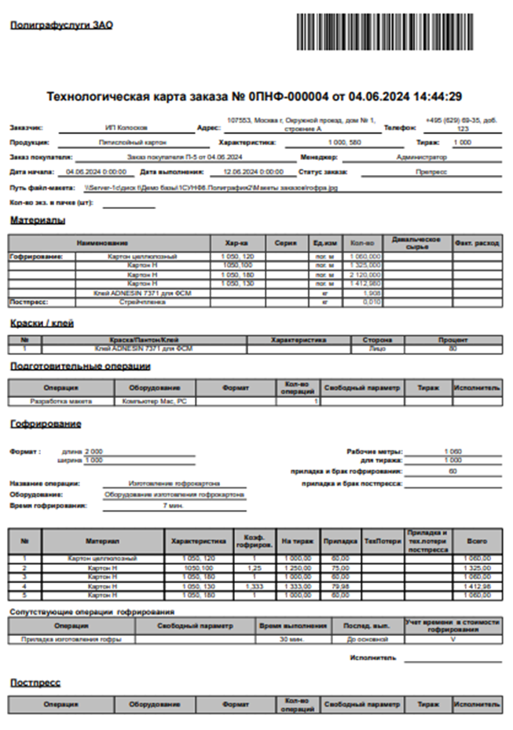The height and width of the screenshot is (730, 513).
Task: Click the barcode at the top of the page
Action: pos(385,31)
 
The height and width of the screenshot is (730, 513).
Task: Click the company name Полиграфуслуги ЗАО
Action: pos(61,25)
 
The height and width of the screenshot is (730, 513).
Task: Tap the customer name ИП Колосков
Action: pos(126,126)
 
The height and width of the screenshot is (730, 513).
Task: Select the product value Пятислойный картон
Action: pos(125,143)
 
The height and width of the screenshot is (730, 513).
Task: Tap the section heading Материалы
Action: pos(38,221)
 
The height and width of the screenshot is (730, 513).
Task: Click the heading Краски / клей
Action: pos(42,323)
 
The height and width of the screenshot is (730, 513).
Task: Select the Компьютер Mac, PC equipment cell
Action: pos(149,401)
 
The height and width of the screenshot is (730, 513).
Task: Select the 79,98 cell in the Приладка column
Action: pos(341,586)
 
